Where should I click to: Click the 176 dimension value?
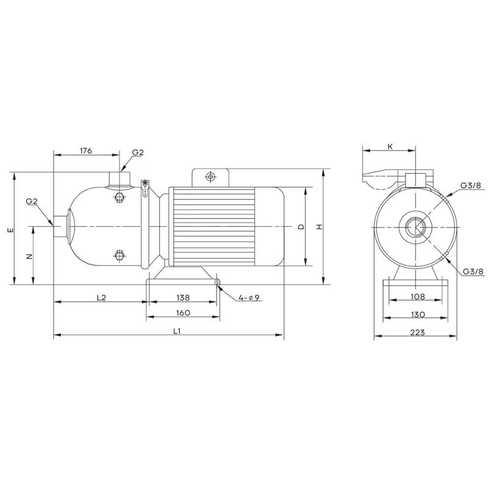pyautogui.click(x=85, y=151)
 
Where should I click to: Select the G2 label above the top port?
pyautogui.click(x=137, y=152)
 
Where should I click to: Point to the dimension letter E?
pyautogui.click(x=9, y=231)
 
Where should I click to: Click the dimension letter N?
pyautogui.click(x=29, y=256)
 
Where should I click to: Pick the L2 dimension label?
pyautogui.click(x=101, y=298)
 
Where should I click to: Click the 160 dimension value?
pyautogui.click(x=183, y=312)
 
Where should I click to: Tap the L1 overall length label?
pyautogui.click(x=176, y=331)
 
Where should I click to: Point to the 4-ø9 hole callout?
pyautogui.click(x=249, y=298)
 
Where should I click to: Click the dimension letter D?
pyautogui.click(x=300, y=227)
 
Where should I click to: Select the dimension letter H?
pyautogui.click(x=318, y=227)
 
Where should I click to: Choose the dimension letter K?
pyautogui.click(x=389, y=147)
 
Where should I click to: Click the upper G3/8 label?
pyautogui.click(x=471, y=185)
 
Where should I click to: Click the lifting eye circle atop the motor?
pyautogui.click(x=210, y=177)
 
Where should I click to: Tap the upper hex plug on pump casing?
pyautogui.click(x=119, y=197)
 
